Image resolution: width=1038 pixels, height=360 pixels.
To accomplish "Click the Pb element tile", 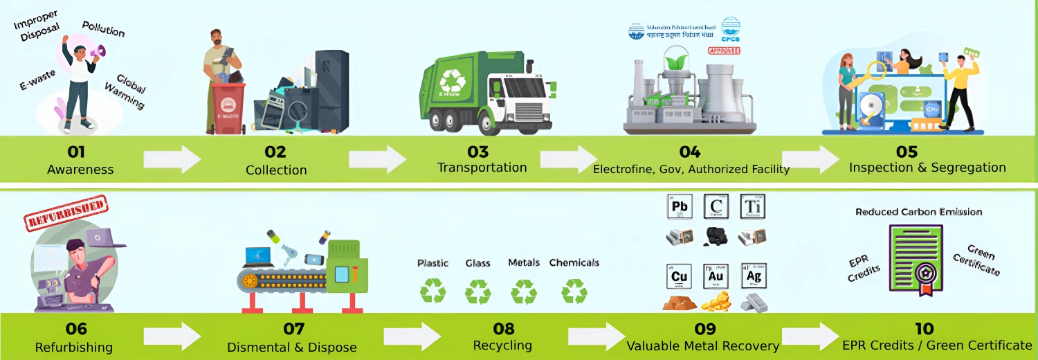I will click(679, 207).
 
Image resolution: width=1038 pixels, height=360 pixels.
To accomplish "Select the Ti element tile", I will click(753, 207).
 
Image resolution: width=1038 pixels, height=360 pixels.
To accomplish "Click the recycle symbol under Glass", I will click(477, 291).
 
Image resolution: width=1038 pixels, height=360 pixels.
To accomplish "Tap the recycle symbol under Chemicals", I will click(574, 291).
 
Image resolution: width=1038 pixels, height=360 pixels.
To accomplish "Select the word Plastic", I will click(432, 263).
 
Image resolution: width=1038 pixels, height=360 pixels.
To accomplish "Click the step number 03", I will click(477, 152).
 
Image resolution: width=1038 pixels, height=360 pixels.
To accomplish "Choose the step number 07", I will click(293, 329).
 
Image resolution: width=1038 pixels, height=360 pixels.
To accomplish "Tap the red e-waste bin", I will click(226, 108).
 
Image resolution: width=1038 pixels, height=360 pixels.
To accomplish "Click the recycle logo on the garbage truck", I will click(453, 80).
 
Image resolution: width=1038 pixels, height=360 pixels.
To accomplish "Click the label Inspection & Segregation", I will click(927, 168).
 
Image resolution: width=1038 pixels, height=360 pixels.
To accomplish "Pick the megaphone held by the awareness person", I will click(99, 51).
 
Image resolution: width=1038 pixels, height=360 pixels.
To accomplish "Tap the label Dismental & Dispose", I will click(292, 347).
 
